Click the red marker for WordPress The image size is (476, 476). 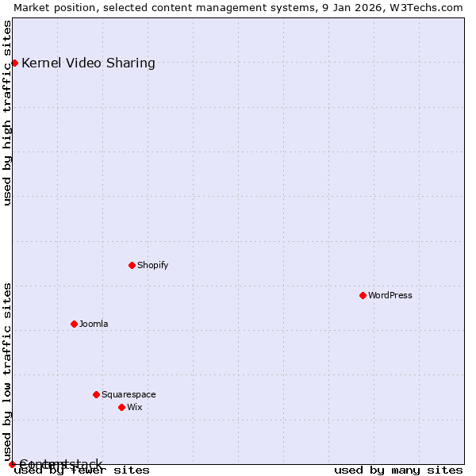(x=363, y=295)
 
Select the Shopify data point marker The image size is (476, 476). (x=132, y=265)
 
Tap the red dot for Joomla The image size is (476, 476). (x=74, y=324)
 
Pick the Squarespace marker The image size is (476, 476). (x=96, y=394)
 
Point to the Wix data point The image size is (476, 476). (x=121, y=407)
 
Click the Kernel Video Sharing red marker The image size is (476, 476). (x=14, y=63)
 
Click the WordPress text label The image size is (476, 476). (x=390, y=295)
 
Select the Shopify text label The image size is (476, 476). (x=152, y=265)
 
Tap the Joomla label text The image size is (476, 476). (x=94, y=324)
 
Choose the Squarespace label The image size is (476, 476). (x=129, y=394)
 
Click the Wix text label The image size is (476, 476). (x=135, y=407)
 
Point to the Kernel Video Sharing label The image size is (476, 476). (x=88, y=63)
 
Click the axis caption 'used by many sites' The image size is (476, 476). (x=398, y=470)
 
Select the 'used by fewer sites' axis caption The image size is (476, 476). (x=82, y=470)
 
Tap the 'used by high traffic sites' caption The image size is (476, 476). (x=8, y=113)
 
